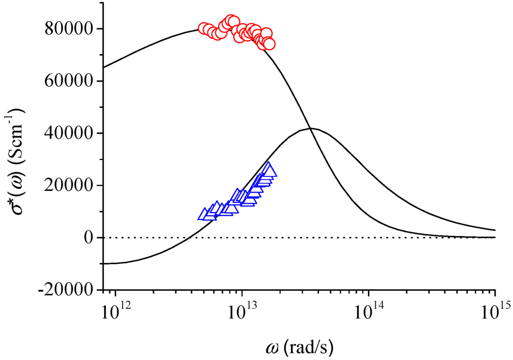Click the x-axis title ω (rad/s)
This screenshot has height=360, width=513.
coord(300,346)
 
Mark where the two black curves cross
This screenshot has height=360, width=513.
coord(310,129)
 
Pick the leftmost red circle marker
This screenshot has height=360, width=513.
coord(204,29)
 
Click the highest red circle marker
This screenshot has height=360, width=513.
coord(231,21)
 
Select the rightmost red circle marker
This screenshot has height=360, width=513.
coord(269,44)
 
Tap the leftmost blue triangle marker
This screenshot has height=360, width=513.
coord(204,214)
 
